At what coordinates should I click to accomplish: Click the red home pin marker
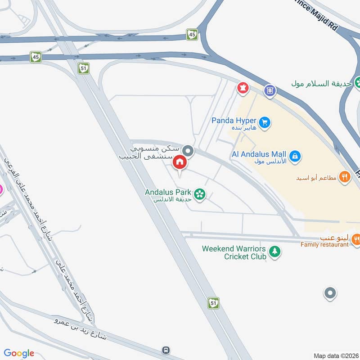[x=180, y=162]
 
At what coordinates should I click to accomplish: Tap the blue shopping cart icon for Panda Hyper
[x=265, y=122]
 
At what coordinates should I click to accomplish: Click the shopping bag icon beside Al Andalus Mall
[x=295, y=156]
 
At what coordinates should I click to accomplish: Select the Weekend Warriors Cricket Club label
[x=234, y=252]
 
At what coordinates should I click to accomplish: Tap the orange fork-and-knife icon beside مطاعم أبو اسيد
[x=345, y=177]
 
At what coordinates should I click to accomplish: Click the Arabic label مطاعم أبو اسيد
[x=316, y=178]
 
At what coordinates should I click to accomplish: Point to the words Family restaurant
[x=324, y=244]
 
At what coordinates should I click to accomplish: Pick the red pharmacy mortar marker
[x=243, y=87]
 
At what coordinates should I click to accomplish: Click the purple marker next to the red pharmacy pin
[x=270, y=90]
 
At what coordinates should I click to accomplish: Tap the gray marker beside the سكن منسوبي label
[x=189, y=151]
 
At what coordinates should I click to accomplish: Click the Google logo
[x=19, y=353]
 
